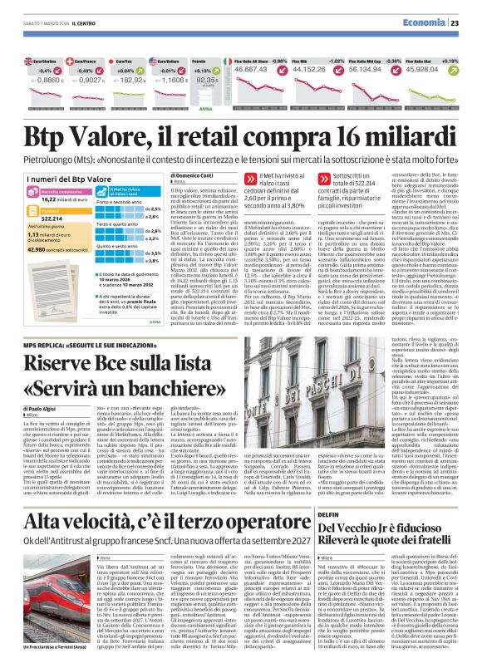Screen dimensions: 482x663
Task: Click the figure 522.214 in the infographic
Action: coord(44,241)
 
